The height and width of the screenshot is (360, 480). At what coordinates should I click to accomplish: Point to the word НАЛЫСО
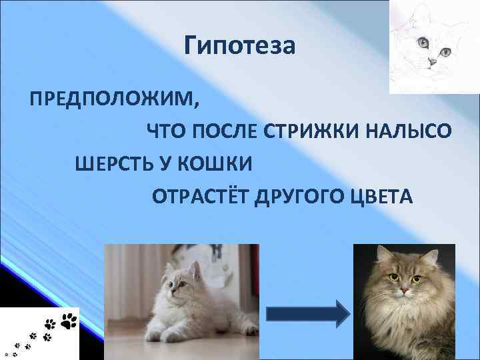417,131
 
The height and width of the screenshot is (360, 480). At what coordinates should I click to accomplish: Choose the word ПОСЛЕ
223,131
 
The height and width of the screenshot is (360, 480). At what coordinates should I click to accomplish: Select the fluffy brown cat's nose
403,291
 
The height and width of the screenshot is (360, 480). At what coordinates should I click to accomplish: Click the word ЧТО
164,131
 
